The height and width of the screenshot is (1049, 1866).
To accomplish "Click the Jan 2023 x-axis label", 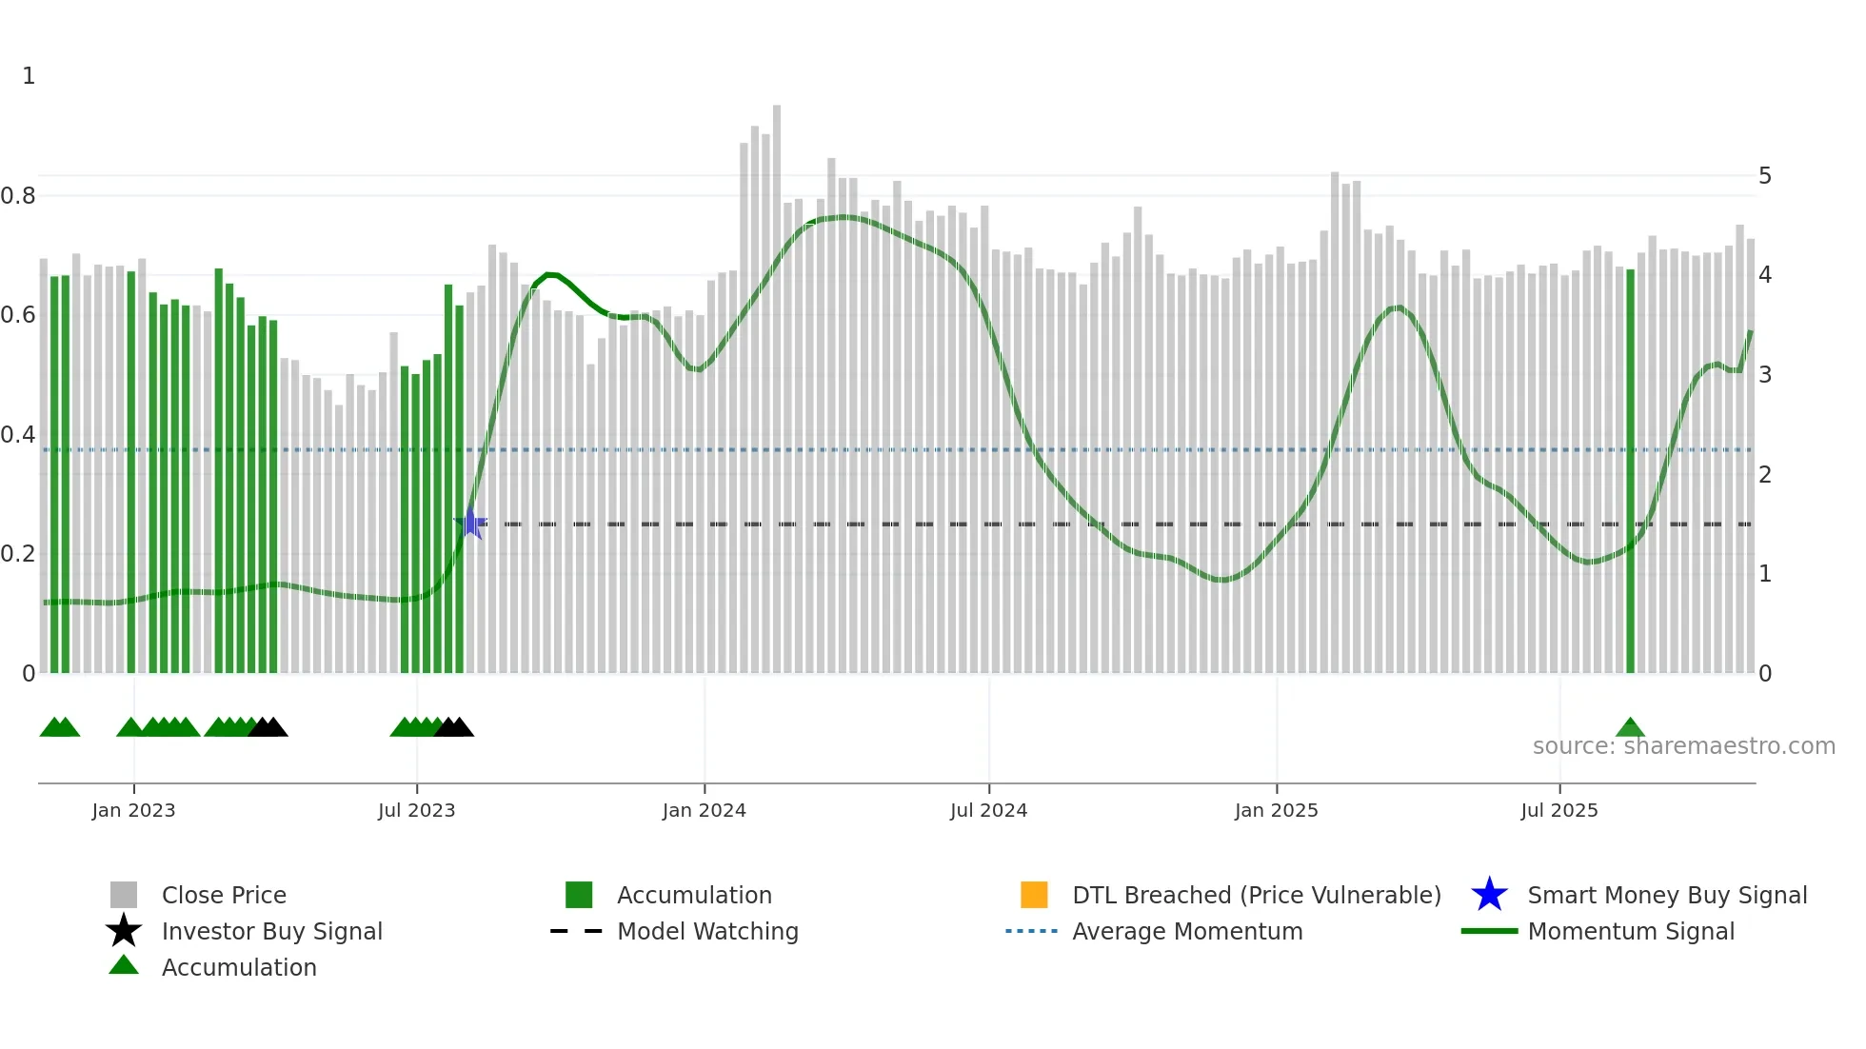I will (x=133, y=810).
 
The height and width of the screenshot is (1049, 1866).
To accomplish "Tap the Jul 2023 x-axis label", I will (x=416, y=810).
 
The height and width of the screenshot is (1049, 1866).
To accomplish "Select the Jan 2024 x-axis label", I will (x=704, y=810).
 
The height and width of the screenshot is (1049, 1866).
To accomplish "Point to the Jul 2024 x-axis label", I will (x=988, y=810).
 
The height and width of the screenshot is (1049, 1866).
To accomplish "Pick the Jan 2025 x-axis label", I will (x=1276, y=810).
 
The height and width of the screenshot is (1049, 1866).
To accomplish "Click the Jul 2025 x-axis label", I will (x=1558, y=810).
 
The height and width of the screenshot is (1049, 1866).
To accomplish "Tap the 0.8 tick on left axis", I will (x=18, y=196).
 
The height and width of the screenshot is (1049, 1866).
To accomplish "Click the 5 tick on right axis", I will (x=1765, y=176).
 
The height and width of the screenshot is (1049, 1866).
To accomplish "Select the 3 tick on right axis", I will (x=1765, y=375).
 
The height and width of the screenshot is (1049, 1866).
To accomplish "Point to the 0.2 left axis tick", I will (x=18, y=554).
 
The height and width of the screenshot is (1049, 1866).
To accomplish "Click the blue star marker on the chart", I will (x=470, y=523).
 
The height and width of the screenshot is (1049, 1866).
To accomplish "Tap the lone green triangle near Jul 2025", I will (x=1630, y=728).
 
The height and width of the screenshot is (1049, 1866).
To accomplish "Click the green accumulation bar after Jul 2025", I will (x=1630, y=476).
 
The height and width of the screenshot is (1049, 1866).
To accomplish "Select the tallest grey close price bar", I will (x=777, y=381).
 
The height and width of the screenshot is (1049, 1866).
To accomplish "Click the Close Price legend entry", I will (x=224, y=895).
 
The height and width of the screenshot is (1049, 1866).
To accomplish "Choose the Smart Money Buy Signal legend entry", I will (x=1666, y=895).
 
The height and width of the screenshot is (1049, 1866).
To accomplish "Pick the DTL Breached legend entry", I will (x=1256, y=895).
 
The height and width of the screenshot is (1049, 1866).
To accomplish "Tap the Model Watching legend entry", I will (x=707, y=931).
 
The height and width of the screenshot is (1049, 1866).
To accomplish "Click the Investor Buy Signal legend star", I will (x=124, y=931).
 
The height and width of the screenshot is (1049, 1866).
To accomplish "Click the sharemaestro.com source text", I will (x=1683, y=746).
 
